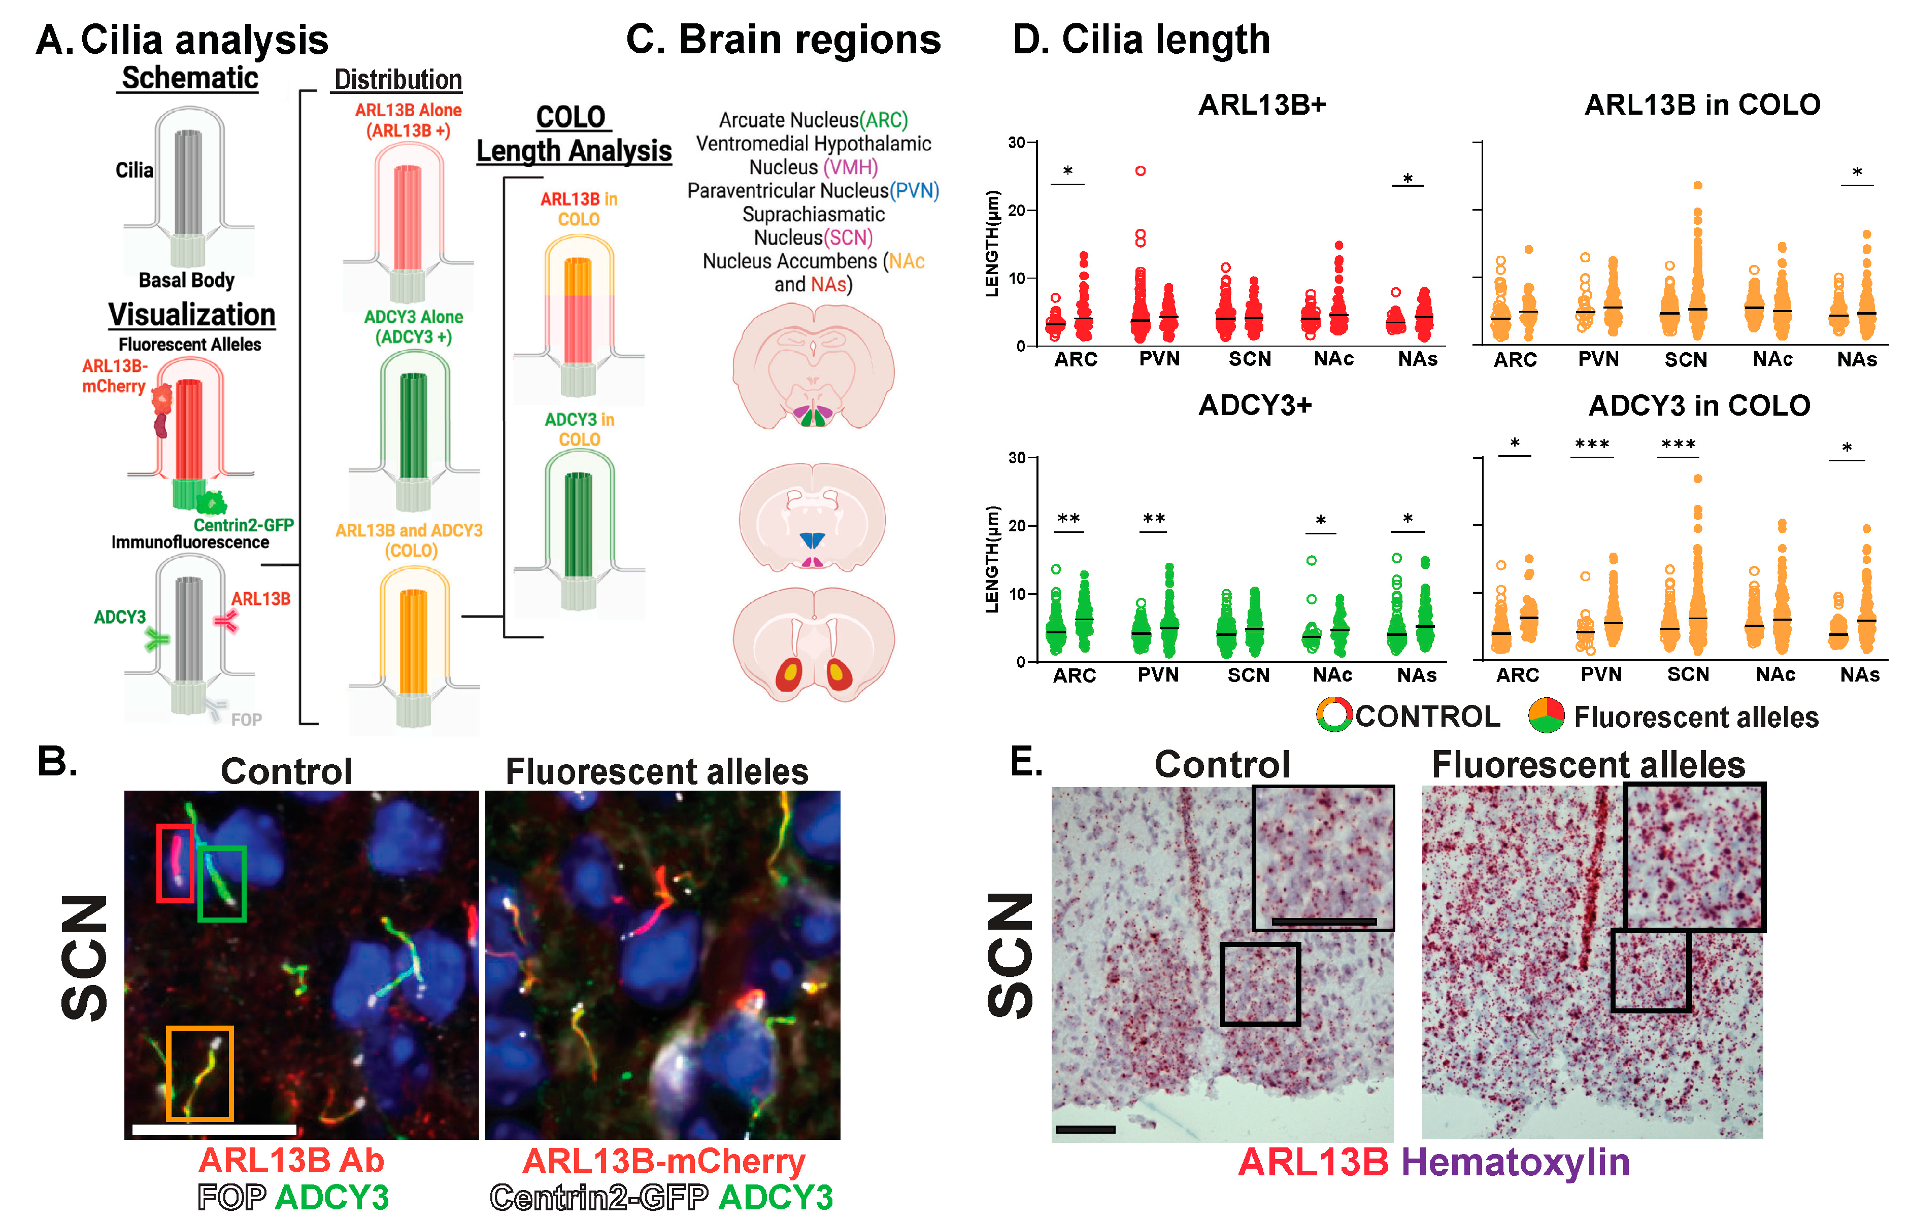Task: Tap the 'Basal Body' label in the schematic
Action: [186, 280]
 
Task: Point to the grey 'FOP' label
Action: [246, 720]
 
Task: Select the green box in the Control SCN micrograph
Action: [221, 883]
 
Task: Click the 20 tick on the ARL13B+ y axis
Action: [1031, 210]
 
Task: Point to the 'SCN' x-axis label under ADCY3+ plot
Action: [1248, 675]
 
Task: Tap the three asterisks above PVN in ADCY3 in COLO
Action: [1592, 445]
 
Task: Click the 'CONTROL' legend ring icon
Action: [1334, 715]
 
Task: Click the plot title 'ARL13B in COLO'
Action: [1702, 105]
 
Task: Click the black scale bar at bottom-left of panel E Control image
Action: [1085, 1129]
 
